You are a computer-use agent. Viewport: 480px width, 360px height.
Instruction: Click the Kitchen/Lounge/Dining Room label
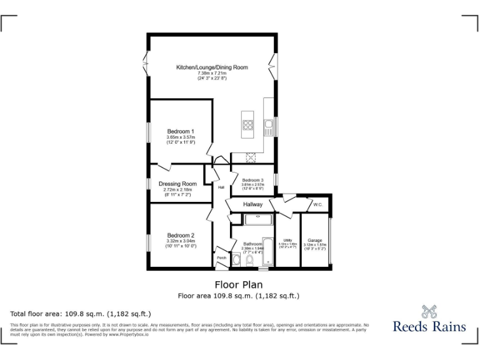click(212, 67)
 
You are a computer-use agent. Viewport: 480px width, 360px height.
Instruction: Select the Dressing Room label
click(177, 184)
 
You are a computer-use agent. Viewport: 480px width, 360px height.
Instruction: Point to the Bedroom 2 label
click(181, 236)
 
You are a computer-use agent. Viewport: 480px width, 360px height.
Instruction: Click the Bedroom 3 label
click(253, 180)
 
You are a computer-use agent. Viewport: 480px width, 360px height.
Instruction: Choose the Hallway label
click(248, 204)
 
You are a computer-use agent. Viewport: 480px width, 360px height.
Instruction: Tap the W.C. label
click(317, 204)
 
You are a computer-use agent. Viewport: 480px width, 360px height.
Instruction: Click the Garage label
click(315, 240)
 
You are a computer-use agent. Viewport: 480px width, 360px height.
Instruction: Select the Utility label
click(287, 240)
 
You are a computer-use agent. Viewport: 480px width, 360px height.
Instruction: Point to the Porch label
click(221, 257)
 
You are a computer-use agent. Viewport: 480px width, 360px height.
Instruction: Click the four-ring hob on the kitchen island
click(248, 124)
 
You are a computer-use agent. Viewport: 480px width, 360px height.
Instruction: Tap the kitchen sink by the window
click(268, 127)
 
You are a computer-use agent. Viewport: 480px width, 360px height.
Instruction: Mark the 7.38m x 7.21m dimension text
click(212, 72)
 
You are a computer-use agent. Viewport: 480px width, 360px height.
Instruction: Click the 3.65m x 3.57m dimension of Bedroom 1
click(181, 137)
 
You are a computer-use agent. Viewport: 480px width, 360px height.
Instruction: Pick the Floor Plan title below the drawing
click(238, 285)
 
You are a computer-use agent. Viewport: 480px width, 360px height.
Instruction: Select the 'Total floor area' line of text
click(81, 314)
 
